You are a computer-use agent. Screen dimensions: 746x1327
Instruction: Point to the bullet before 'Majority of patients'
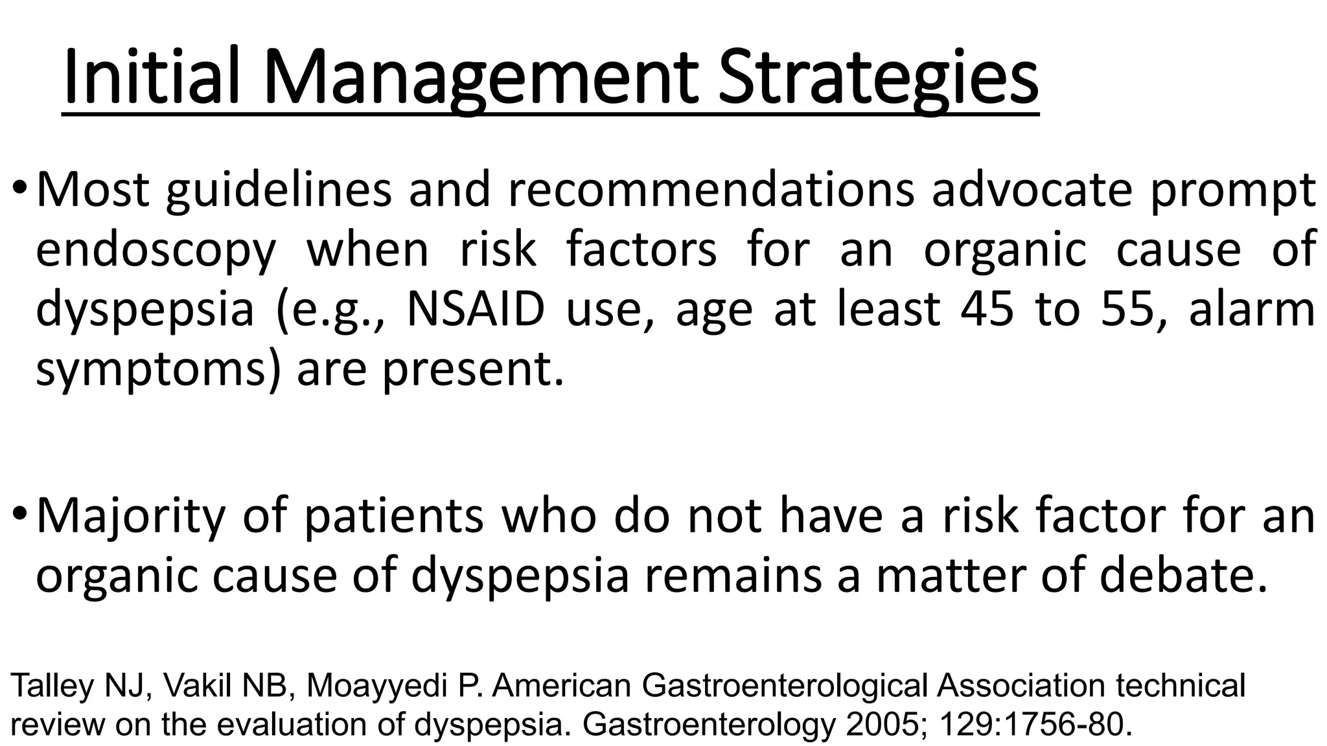coord(19,515)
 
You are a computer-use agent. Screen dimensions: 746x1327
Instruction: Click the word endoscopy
coord(156,251)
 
